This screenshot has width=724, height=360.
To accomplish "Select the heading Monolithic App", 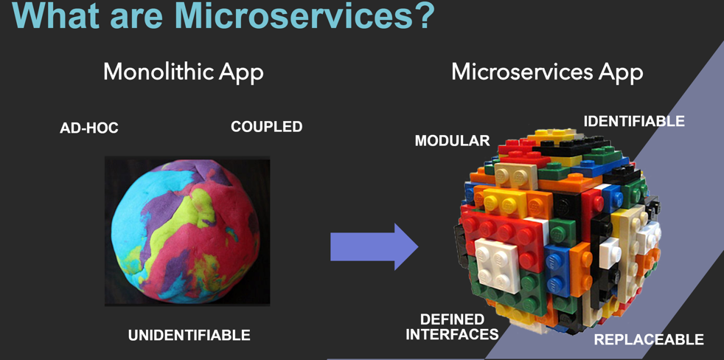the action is click(184, 72).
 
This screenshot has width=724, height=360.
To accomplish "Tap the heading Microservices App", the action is click(547, 72).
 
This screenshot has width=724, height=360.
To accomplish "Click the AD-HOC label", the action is click(89, 128).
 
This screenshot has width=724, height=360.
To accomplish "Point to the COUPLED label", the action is click(266, 126).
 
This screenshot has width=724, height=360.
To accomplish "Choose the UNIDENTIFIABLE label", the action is click(189, 335).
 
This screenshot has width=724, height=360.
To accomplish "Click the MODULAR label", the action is click(452, 140).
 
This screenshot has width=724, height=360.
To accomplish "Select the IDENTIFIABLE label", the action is click(634, 121).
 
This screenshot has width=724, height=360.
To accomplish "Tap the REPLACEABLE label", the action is click(649, 339).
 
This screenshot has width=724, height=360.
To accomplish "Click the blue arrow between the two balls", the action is click(374, 247).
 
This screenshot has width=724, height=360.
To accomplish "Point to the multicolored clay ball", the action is click(186, 232).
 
